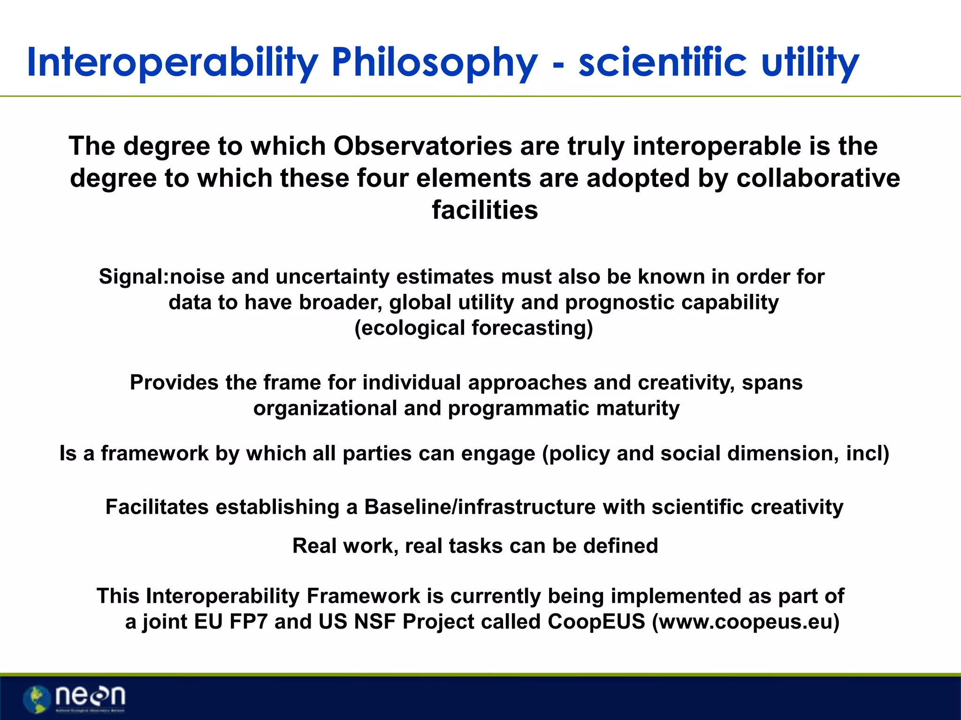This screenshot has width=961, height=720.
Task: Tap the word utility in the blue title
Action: point(810,63)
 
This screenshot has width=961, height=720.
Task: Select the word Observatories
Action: point(422,146)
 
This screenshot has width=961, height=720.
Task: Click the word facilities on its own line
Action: point(485,210)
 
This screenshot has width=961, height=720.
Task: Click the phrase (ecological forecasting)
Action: point(473,328)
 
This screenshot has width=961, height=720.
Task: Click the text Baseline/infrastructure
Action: point(480,507)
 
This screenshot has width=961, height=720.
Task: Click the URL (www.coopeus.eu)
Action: point(746,622)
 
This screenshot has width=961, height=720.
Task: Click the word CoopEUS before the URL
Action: point(596,622)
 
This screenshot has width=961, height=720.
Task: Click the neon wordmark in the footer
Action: point(90,696)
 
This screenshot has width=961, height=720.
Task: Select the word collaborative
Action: point(818,179)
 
